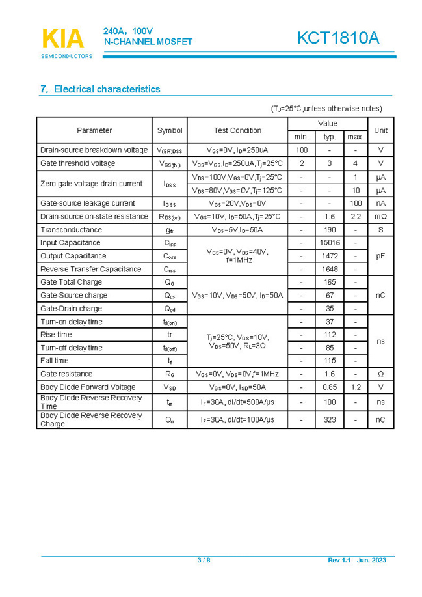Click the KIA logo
(63, 39)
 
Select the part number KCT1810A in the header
(337, 38)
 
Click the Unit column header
(380, 130)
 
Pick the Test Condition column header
(237, 130)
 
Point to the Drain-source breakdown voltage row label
(94, 150)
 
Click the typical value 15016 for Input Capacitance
(330, 243)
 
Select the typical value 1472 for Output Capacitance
(330, 256)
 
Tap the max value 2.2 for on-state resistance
(356, 216)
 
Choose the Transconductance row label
(71, 230)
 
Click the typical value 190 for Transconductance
(330, 230)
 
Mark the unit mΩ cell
(380, 216)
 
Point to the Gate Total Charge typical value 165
(330, 282)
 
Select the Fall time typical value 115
(330, 361)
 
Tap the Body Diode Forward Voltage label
(88, 387)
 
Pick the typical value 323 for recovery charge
(330, 420)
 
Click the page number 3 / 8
(204, 561)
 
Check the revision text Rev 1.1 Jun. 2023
(357, 561)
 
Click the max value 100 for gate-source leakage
(356, 203)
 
